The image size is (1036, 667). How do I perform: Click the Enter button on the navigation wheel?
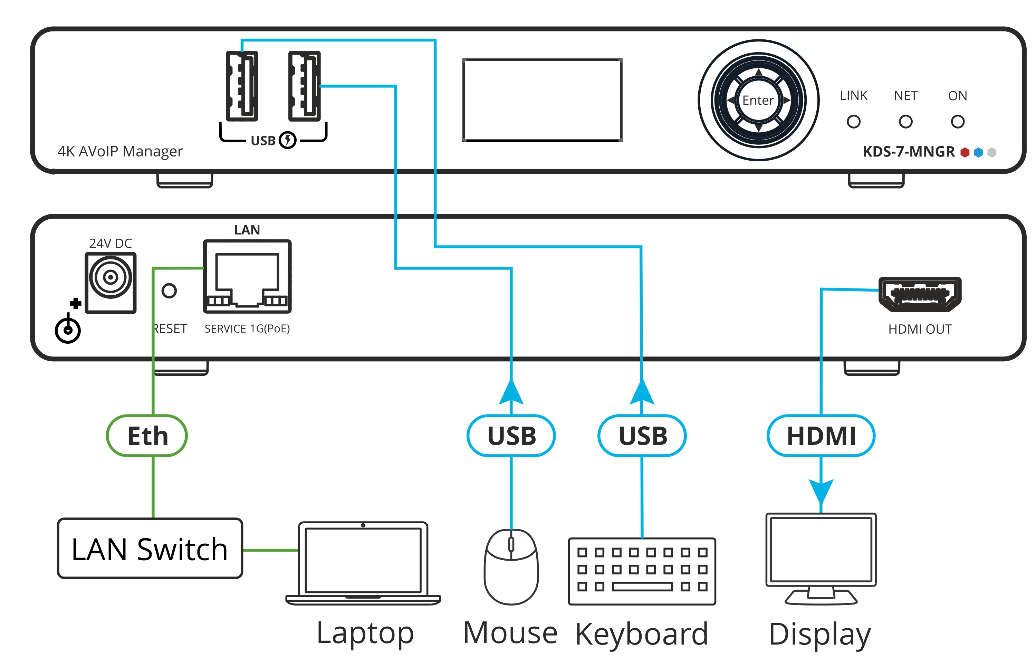(x=758, y=100)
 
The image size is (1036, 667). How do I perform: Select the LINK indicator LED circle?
(x=853, y=122)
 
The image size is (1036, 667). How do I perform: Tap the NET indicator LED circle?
(x=905, y=122)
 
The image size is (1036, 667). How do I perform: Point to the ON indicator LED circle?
(x=957, y=122)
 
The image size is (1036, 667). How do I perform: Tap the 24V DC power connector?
(x=111, y=277)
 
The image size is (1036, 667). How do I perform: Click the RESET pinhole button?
(x=169, y=290)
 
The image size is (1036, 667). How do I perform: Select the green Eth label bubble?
(x=147, y=436)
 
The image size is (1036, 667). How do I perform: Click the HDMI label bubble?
(x=821, y=436)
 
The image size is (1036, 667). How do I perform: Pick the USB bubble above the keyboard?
(x=642, y=436)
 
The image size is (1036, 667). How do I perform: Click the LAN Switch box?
(x=150, y=548)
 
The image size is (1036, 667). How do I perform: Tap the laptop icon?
(x=363, y=561)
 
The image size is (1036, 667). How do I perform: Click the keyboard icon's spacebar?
(x=642, y=587)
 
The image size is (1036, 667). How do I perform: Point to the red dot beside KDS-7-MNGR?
(x=964, y=152)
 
